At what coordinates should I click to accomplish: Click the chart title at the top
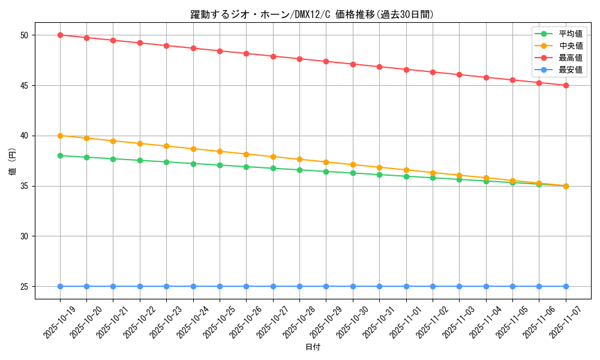click(312, 14)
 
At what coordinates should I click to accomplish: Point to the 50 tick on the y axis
click(25, 35)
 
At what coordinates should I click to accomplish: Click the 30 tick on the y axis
click(25, 236)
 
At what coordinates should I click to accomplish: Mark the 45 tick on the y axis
click(25, 86)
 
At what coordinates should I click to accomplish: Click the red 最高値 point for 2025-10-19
click(60, 35)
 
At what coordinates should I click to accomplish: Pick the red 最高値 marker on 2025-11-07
click(566, 85)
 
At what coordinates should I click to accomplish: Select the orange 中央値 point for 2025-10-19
click(60, 136)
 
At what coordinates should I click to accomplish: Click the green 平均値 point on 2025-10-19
click(60, 155)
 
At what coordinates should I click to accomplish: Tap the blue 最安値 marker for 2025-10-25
click(220, 286)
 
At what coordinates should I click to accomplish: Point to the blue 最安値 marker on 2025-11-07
click(566, 286)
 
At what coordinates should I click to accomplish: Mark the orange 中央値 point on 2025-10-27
click(273, 157)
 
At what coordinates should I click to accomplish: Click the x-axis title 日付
click(313, 347)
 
